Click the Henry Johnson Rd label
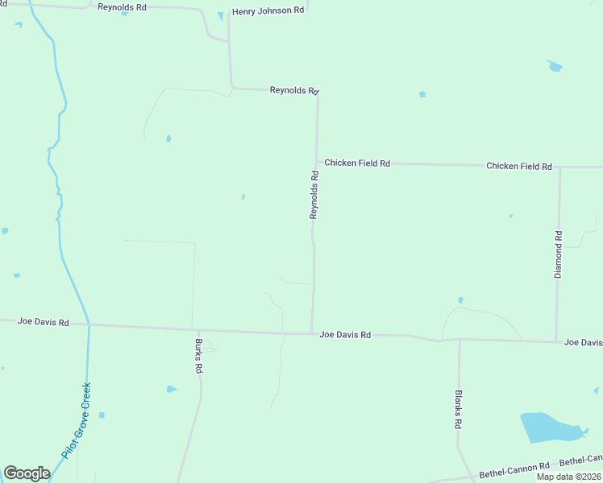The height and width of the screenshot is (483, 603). (268, 11)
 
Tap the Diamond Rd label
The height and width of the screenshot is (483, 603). (558, 254)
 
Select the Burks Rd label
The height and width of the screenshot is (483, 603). (198, 355)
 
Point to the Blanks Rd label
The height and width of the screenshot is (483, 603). (458, 409)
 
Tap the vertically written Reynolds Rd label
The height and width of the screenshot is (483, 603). (314, 194)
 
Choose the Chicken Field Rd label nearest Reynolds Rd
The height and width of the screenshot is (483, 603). (357, 163)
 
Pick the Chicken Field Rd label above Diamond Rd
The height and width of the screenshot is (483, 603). (518, 166)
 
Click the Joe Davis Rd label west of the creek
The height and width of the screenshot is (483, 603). (43, 322)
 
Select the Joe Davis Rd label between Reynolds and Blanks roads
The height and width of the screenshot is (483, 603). (345, 334)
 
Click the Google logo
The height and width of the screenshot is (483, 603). (27, 473)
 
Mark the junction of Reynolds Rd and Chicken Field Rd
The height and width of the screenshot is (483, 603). (317, 163)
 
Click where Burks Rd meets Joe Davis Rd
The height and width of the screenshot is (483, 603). (199, 329)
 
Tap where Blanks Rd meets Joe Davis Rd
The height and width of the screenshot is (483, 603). (460, 339)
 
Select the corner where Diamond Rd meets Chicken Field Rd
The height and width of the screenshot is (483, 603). (559, 167)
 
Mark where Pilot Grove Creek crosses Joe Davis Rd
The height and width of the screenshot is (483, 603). (89, 325)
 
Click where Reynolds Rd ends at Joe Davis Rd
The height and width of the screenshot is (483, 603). (312, 332)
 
